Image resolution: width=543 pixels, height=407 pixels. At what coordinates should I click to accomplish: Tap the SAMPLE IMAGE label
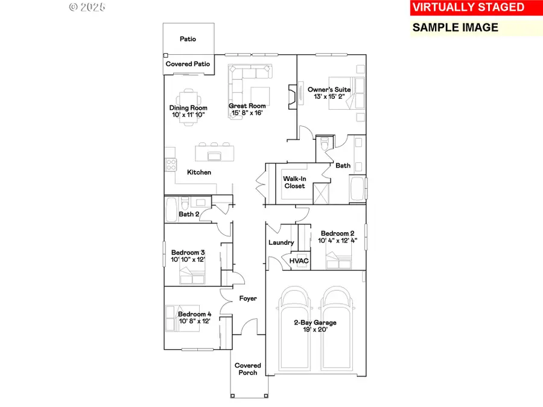tap(455, 27)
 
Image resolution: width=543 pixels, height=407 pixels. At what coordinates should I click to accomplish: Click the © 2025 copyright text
tap(87, 7)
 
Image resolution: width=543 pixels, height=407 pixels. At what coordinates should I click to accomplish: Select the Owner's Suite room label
tap(329, 89)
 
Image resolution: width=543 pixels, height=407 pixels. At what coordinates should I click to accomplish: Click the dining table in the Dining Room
tap(188, 103)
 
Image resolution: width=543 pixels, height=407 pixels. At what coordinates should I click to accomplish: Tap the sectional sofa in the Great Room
tap(247, 81)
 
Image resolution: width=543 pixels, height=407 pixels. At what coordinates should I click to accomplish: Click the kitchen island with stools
tap(214, 154)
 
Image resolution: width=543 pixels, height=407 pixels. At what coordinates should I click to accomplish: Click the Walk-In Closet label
tap(294, 182)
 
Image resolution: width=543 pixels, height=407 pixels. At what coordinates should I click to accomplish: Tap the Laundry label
tap(281, 243)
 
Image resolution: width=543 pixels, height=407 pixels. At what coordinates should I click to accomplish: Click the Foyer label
tap(248, 298)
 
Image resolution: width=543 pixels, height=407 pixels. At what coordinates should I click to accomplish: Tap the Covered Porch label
tap(248, 369)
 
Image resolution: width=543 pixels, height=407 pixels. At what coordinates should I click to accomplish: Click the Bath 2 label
tap(189, 214)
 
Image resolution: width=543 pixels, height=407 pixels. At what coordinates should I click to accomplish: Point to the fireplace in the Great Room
tap(291, 96)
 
